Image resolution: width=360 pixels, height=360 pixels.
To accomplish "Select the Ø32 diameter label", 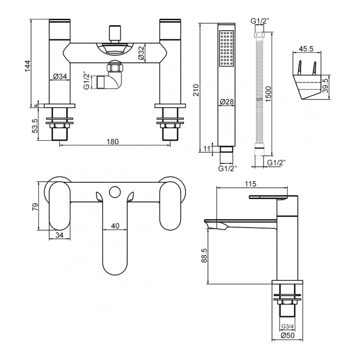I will point(141,54).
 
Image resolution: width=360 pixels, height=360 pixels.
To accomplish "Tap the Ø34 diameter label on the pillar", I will point(60,76).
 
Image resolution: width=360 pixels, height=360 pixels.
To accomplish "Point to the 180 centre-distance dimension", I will point(112,142).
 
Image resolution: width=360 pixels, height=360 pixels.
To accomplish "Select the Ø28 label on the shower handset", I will point(226,102).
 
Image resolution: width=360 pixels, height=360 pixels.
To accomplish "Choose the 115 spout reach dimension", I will point(250,183).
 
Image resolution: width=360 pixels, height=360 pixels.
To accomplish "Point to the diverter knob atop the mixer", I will point(114,34).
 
